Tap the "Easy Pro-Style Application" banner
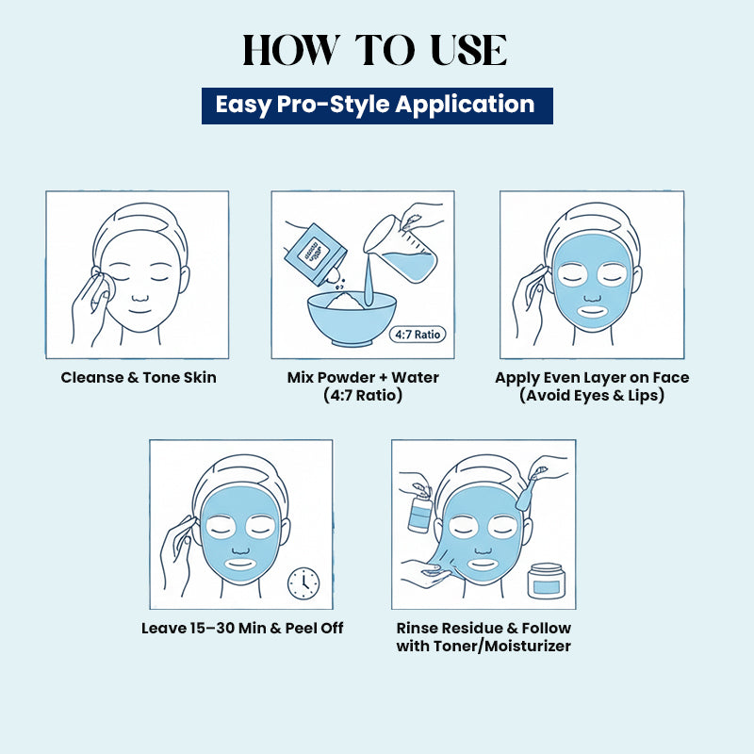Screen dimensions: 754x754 pyautogui.click(x=376, y=105)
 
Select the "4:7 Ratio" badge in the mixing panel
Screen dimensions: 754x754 pyautogui.click(x=416, y=334)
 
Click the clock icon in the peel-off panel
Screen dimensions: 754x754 pyautogui.click(x=303, y=582)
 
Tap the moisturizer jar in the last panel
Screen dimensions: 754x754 pyautogui.click(x=547, y=582)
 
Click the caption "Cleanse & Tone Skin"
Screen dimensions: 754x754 pyautogui.click(x=139, y=377)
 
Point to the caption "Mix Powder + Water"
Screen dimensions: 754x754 pyautogui.click(x=363, y=377)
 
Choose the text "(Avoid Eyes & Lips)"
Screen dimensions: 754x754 pyautogui.click(x=592, y=396)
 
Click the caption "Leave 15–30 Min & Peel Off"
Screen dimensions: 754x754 pyautogui.click(x=242, y=628)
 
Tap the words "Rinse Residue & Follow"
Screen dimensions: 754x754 pyautogui.click(x=484, y=628)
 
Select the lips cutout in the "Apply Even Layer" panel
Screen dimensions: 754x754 pyautogui.click(x=592, y=309)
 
